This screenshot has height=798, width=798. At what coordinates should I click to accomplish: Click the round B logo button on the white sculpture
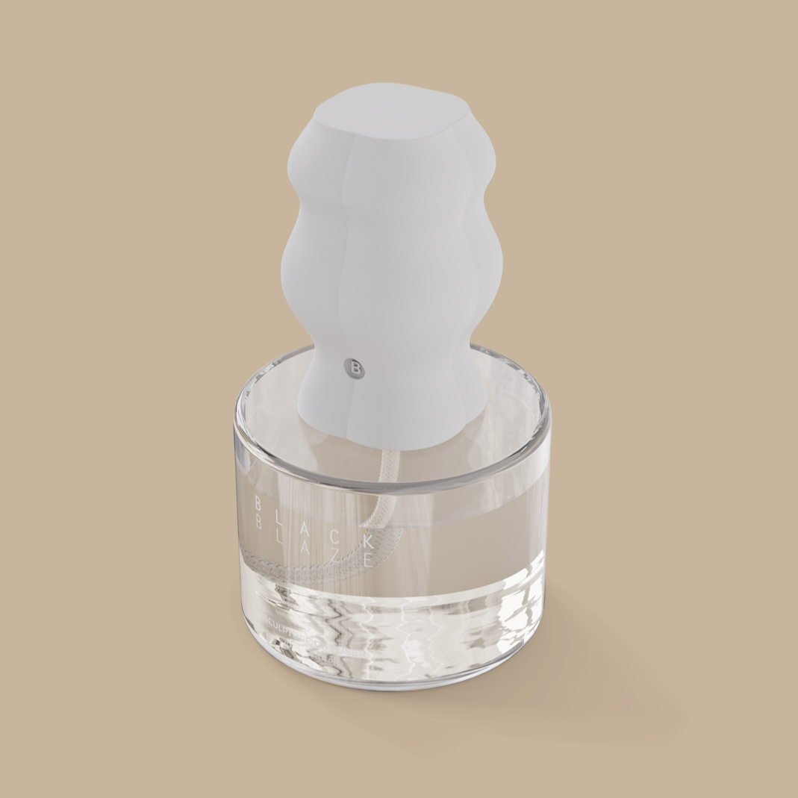pyautogui.click(x=355, y=368)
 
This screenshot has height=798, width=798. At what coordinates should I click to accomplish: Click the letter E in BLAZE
pyautogui.click(x=367, y=563)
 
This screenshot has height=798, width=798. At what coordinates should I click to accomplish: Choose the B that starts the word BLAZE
pyautogui.click(x=258, y=523)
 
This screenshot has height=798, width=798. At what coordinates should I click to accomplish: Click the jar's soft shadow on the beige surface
pyautogui.click(x=597, y=694)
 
